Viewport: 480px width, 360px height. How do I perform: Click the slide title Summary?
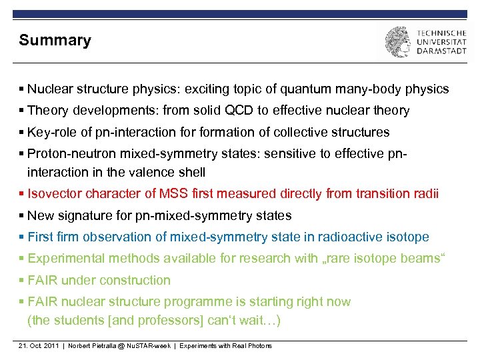[55, 40]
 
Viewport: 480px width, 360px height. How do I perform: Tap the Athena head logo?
[397, 42]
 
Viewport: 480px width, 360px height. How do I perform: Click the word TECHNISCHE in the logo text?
[441, 31]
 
